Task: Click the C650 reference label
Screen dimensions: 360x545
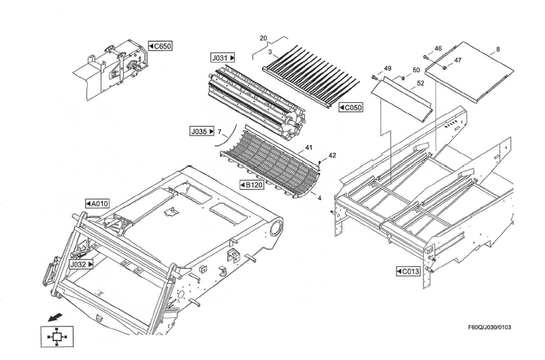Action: point(160,46)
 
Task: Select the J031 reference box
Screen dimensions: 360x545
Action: point(223,59)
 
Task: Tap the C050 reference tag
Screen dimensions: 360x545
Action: point(350,108)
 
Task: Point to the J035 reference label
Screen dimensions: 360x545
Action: point(203,131)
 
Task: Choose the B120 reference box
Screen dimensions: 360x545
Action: point(251,184)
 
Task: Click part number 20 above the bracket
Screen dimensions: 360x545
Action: point(263,38)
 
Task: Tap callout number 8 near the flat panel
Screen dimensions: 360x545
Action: point(497,49)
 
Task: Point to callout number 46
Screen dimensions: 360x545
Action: point(438,49)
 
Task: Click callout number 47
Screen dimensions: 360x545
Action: point(457,60)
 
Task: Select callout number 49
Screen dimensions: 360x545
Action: point(387,69)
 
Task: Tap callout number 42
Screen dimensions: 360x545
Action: point(332,155)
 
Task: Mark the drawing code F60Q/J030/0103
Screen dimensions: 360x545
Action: point(489,328)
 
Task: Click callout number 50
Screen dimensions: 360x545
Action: point(416,70)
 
